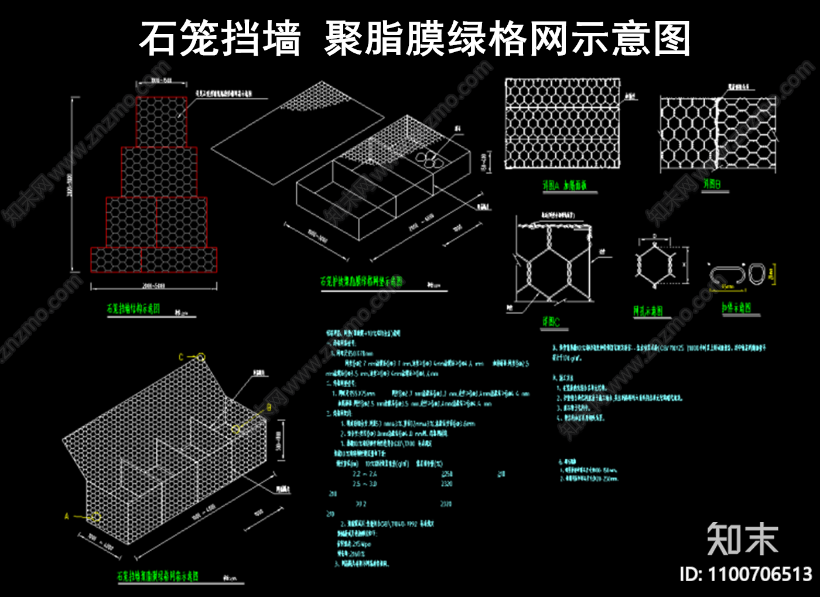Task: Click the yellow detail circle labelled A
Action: pos(95,517)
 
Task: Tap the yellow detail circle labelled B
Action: pos(235,429)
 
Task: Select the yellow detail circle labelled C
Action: pos(201,357)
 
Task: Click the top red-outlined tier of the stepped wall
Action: pos(162,122)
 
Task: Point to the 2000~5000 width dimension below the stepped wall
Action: pos(153,286)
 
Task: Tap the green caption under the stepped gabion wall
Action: pos(133,309)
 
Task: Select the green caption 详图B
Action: pos(712,185)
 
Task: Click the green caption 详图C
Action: pos(551,322)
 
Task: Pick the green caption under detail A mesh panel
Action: pos(564,186)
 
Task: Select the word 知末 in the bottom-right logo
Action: pos(742,539)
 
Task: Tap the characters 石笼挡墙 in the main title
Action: pos(220,39)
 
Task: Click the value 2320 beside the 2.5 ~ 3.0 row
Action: pos(446,484)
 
